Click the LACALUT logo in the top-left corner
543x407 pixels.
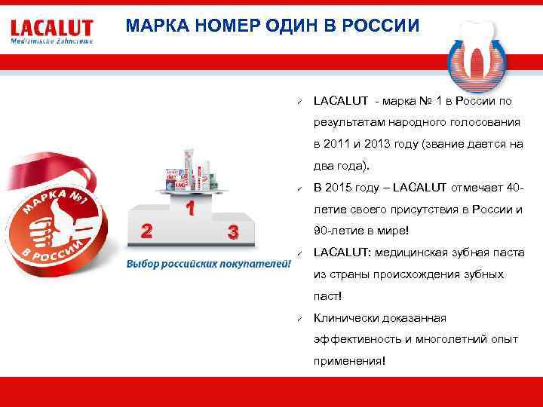(52, 32)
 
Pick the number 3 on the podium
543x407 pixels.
(234, 231)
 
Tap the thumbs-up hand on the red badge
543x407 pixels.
(49, 230)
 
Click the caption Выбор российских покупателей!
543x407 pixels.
(208, 264)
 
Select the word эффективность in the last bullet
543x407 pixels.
(358, 340)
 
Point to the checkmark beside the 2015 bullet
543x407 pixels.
(299, 188)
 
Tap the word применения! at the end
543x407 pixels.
(349, 362)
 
